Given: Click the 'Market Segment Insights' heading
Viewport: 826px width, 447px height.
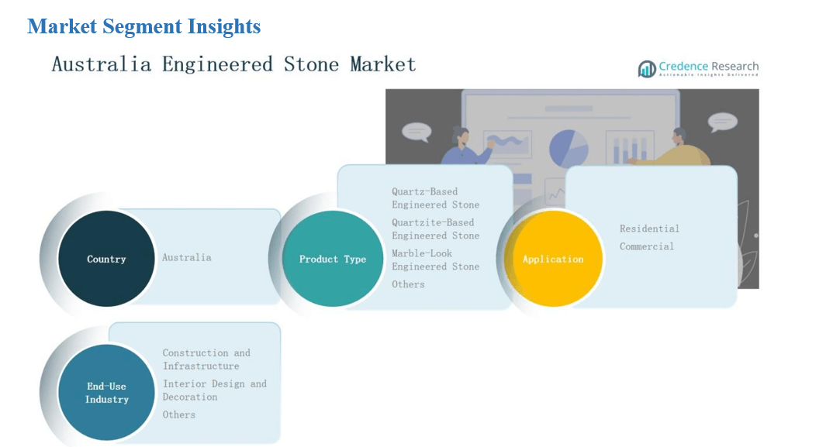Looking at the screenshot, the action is click(x=143, y=26).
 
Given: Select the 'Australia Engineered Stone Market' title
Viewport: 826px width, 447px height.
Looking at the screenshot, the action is click(x=234, y=64).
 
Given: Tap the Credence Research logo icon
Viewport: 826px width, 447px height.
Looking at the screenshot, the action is click(x=646, y=68).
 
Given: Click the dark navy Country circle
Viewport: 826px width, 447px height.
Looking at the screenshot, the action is click(x=106, y=259).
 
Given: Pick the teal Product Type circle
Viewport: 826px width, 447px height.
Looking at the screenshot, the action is click(x=333, y=259).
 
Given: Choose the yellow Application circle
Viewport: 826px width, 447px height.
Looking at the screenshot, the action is click(x=553, y=259).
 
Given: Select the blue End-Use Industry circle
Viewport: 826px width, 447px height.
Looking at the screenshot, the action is click(x=106, y=392).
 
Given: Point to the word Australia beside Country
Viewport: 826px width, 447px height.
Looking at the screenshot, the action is click(x=186, y=258).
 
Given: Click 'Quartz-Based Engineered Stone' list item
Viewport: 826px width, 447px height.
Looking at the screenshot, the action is click(x=436, y=198).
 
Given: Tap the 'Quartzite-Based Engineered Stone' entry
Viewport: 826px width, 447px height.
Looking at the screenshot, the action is click(x=436, y=229).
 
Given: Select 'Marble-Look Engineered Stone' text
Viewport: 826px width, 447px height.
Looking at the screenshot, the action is click(x=436, y=260).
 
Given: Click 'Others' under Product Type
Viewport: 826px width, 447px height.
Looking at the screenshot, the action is click(x=408, y=284).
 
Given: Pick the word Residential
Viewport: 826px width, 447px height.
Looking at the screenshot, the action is click(x=649, y=229).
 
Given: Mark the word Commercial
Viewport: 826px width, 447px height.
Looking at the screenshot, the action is click(x=647, y=246).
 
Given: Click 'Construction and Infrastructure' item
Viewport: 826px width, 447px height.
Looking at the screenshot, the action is click(x=206, y=359).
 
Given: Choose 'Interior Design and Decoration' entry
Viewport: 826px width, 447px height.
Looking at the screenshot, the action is click(x=214, y=390).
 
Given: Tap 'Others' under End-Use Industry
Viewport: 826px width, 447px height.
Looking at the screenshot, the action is click(x=179, y=415).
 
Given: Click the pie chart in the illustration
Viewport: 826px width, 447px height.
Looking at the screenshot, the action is click(x=569, y=149).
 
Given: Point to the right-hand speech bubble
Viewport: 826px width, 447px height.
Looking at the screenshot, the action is click(x=722, y=122).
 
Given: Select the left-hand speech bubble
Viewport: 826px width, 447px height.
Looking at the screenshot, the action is click(x=416, y=132).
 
